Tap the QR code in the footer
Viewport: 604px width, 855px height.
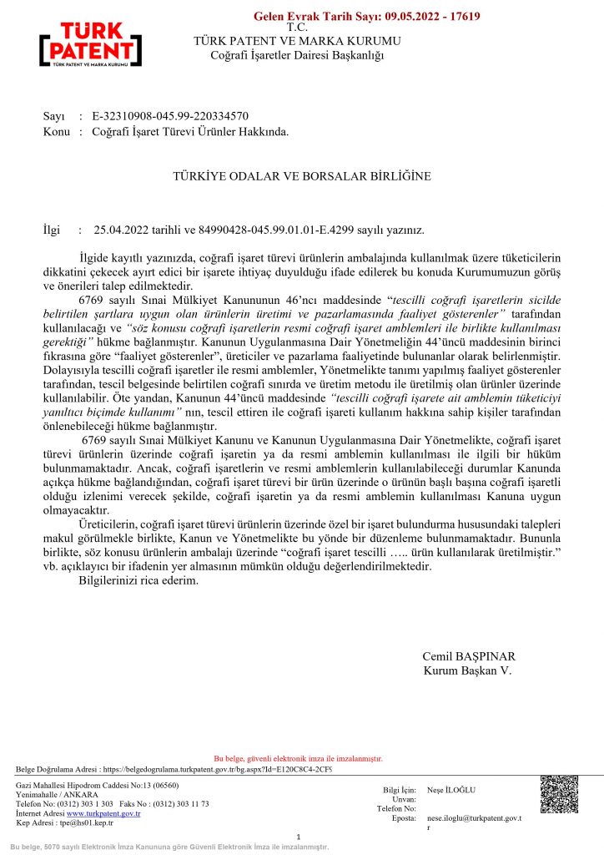pos(559,794)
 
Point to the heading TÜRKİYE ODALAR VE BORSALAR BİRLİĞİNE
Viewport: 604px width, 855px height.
pos(301,177)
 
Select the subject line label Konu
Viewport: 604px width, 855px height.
pos(57,131)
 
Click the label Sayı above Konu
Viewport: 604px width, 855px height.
pos(54,117)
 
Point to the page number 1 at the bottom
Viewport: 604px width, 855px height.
pos(299,837)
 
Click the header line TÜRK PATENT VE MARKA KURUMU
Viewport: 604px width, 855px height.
pos(296,41)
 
